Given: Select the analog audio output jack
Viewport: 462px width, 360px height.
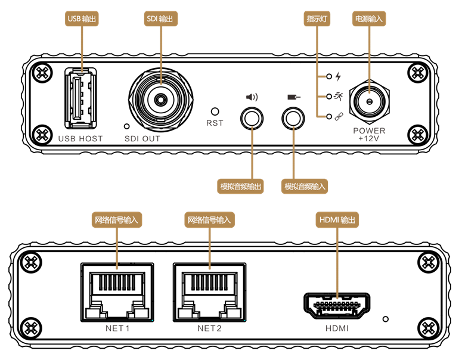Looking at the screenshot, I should coord(252,118).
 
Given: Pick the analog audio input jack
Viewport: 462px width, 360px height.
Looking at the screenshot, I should coord(293,118).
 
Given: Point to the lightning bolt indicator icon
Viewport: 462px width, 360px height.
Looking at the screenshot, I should coord(339,77).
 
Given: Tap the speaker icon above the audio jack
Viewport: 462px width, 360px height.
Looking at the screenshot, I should coord(252,97).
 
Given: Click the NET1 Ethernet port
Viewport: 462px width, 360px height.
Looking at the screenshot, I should coord(117,293).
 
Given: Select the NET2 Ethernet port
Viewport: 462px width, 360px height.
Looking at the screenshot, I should coord(209,293).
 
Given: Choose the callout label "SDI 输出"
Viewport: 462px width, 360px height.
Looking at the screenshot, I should coord(160,19).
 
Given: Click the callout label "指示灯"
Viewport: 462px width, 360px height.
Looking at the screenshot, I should coord(318,19).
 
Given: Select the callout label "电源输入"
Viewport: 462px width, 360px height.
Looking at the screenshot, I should coord(369,19).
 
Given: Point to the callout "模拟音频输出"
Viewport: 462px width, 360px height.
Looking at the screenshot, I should coord(241,187).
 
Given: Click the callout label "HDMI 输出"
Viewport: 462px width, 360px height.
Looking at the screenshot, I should coord(338,221).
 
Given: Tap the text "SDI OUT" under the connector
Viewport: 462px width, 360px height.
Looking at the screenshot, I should coord(142,139).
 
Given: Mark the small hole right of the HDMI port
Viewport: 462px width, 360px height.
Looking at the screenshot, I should coord(386,319).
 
